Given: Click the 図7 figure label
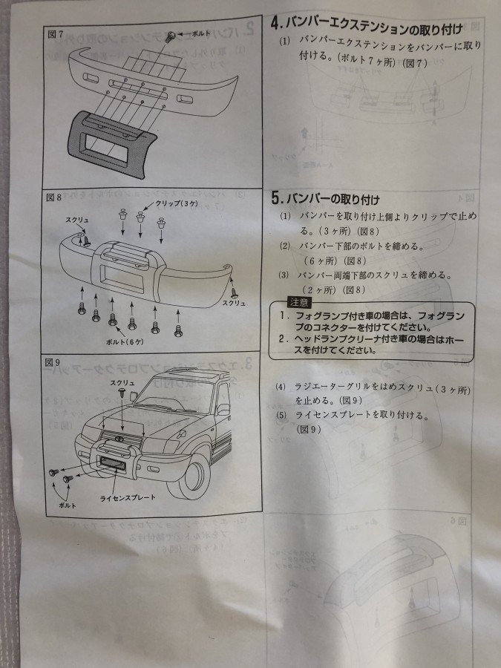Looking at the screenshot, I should click(x=55, y=34).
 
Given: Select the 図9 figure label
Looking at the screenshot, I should click(x=52, y=361).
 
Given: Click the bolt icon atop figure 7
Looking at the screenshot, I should click(x=172, y=34).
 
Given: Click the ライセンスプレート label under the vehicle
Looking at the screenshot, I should click(x=128, y=497).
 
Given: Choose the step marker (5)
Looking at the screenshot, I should click(x=281, y=416).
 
